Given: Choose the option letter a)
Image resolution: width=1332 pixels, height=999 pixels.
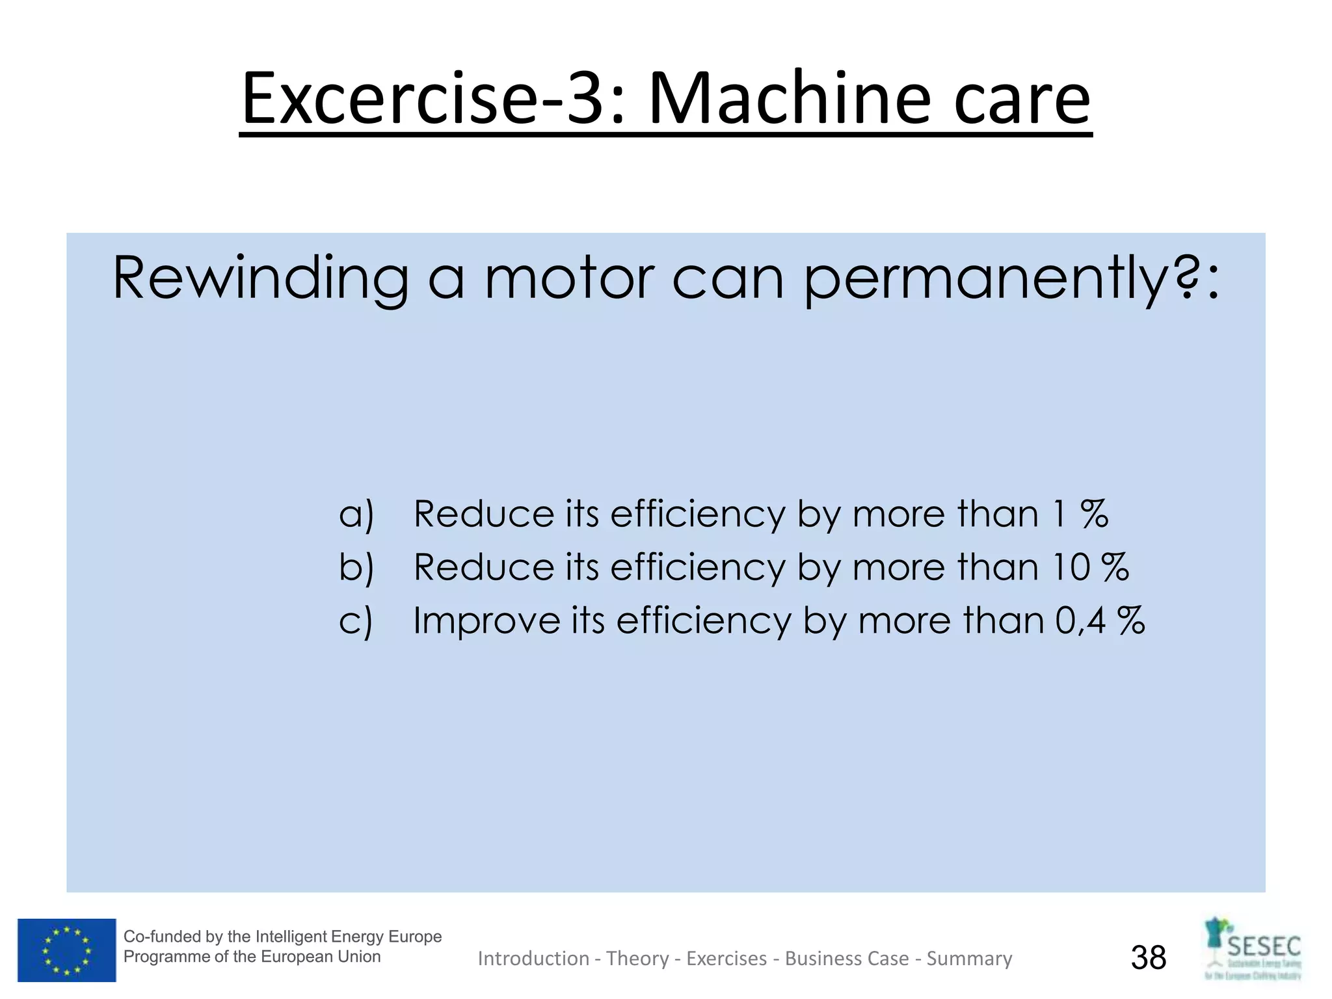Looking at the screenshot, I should pyautogui.click(x=356, y=514).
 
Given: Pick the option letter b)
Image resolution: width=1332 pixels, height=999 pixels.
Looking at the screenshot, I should pyautogui.click(x=356, y=567).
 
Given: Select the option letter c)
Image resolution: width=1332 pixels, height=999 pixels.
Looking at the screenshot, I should pyautogui.click(x=356, y=620).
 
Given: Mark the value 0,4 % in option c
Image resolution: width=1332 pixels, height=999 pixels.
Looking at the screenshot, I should pyautogui.click(x=1099, y=620).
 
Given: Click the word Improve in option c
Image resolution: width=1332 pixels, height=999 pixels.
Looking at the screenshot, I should pyautogui.click(x=486, y=620).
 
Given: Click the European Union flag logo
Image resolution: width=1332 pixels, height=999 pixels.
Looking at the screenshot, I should pyautogui.click(x=66, y=950).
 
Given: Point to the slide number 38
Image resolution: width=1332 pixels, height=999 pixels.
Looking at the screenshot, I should pyautogui.click(x=1149, y=957).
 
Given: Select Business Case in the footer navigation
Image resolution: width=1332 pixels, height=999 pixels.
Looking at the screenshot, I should pyautogui.click(x=847, y=959).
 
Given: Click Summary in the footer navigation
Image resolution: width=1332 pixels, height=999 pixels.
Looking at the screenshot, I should pyautogui.click(x=969, y=959).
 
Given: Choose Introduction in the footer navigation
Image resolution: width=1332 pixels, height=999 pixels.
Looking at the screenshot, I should pyautogui.click(x=533, y=959).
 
